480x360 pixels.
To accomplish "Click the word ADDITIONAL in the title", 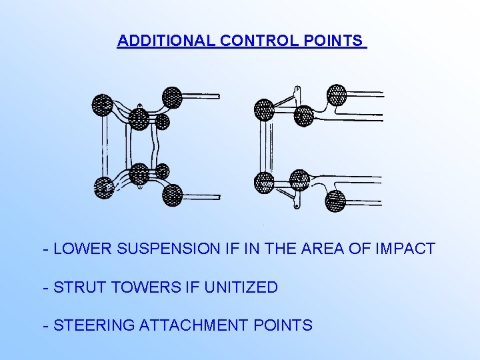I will (x=166, y=41).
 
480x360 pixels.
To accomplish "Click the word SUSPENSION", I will (x=162, y=249).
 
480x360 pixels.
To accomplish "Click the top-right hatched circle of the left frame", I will (x=172, y=97).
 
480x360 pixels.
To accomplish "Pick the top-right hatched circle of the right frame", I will (x=337, y=94).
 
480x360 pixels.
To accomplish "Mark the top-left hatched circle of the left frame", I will (x=103, y=104).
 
